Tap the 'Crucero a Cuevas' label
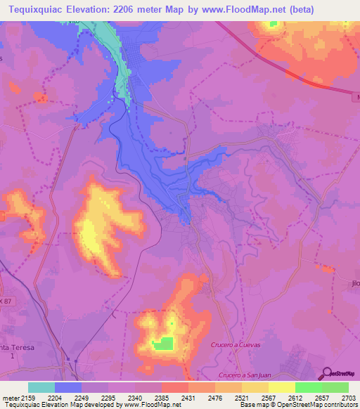pyautogui.click(x=235, y=344)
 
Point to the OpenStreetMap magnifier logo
pyautogui.click(x=328, y=372)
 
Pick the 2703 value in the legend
pyautogui.click(x=347, y=397)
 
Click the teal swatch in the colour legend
pyautogui.click(x=41, y=387)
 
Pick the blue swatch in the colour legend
pyautogui.click(x=68, y=387)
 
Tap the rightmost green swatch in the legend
pyautogui.click(x=335, y=387)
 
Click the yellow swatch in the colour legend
pyautogui.click(x=281, y=387)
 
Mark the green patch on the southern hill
pyautogui.click(x=163, y=344)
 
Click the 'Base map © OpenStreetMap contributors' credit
pyautogui.click(x=298, y=405)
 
